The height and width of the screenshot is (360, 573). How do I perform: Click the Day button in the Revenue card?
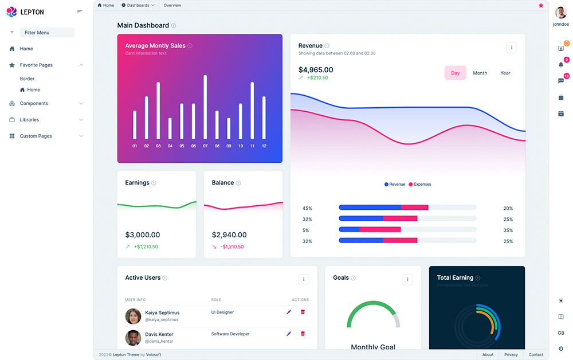pyautogui.click(x=455, y=73)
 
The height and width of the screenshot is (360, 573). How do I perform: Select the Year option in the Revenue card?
pyautogui.click(x=505, y=73)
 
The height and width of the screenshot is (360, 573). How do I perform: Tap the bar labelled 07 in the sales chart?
pyautogui.click(x=205, y=107)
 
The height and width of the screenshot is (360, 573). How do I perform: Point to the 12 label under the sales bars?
pyautogui.click(x=264, y=146)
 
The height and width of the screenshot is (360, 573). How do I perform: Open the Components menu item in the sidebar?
pyautogui.click(x=34, y=104)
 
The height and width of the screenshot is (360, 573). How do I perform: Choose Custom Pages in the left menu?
pyautogui.click(x=36, y=136)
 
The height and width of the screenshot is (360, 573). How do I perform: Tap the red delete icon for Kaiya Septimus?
pyautogui.click(x=303, y=312)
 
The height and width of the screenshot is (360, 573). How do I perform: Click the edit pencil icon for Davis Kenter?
pyautogui.click(x=289, y=333)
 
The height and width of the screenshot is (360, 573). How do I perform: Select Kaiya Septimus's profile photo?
pyautogui.click(x=133, y=316)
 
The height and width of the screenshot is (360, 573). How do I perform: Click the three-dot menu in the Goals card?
pyautogui.click(x=408, y=280)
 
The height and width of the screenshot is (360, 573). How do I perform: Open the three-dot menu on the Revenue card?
pyautogui.click(x=512, y=48)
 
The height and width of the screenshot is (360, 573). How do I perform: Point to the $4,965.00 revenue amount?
pyautogui.click(x=316, y=70)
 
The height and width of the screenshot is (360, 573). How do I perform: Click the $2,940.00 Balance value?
pyautogui.click(x=229, y=235)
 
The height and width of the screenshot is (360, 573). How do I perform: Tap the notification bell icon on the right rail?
pyautogui.click(x=561, y=64)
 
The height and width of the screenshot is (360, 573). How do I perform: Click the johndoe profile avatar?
pyautogui.click(x=560, y=13)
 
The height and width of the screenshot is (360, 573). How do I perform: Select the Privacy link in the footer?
pyautogui.click(x=511, y=355)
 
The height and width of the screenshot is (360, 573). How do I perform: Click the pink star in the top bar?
pyautogui.click(x=541, y=5)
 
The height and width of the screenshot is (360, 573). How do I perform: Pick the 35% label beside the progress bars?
pyautogui.click(x=508, y=230)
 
